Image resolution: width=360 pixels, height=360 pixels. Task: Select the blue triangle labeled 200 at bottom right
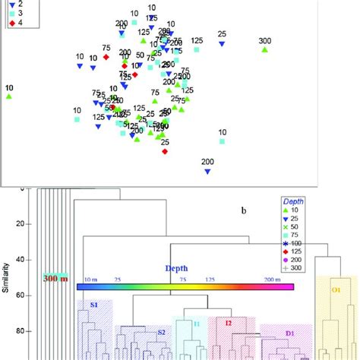coord(207,172)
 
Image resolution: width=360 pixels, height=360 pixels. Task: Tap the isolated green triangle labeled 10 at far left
coord(9,97)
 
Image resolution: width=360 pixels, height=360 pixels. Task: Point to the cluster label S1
coord(94,304)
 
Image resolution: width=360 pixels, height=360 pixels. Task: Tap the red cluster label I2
coord(227,323)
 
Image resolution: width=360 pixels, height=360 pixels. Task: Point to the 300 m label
coord(55,278)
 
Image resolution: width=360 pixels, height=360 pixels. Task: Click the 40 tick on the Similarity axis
coord(23,259)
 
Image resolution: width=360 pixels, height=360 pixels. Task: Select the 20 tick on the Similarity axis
coord(23,223)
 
